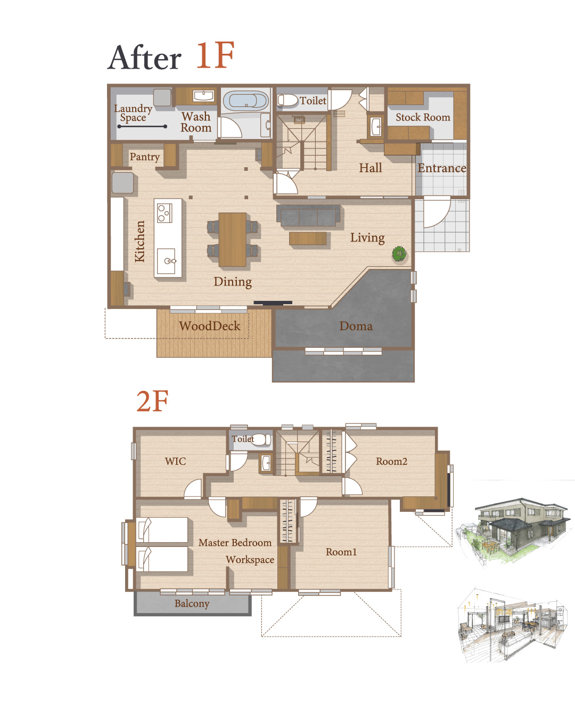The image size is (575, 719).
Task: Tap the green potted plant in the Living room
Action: [399, 254]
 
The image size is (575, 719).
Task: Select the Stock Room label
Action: [423, 117]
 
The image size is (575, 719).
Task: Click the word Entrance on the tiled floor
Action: [442, 168]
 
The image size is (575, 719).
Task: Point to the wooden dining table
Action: [233, 239]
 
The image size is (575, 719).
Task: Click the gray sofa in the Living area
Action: [308, 216]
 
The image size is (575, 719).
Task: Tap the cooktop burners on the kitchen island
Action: [165, 213]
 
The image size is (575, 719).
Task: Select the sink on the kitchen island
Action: [167, 261]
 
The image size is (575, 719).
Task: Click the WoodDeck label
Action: [209, 326]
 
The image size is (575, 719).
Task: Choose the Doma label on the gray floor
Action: [356, 326]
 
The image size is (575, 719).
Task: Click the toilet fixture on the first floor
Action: [287, 100]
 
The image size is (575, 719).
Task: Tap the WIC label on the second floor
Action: [175, 461]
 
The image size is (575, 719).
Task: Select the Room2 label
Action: [391, 461]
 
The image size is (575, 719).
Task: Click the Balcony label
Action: [192, 603]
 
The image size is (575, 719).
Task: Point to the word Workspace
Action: [250, 560]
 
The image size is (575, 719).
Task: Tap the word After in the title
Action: [144, 58]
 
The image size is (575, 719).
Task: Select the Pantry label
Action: [144, 157]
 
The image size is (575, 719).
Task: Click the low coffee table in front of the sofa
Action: [308, 239]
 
